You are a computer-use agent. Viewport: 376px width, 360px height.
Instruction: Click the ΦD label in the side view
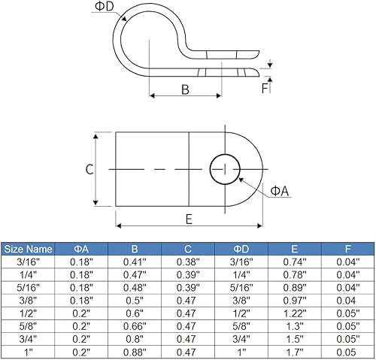(105, 7)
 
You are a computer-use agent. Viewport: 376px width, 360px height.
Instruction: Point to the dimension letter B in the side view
(185, 89)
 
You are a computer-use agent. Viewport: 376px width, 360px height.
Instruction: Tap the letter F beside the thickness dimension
(265, 86)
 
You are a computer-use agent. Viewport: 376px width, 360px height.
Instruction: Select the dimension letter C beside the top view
(89, 169)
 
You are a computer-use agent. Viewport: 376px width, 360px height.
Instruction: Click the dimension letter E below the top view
(189, 219)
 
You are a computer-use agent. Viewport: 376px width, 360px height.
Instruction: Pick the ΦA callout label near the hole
(280, 192)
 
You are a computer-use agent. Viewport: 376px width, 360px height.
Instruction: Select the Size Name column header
(29, 249)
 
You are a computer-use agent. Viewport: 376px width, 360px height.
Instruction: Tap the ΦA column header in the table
(80, 249)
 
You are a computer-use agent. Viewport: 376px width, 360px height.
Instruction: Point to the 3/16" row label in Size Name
(29, 262)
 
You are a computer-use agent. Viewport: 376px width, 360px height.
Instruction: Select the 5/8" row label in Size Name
(29, 325)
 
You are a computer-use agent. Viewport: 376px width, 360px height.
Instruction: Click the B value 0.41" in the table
(133, 262)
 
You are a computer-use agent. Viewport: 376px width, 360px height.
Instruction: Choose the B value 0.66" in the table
(133, 325)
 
